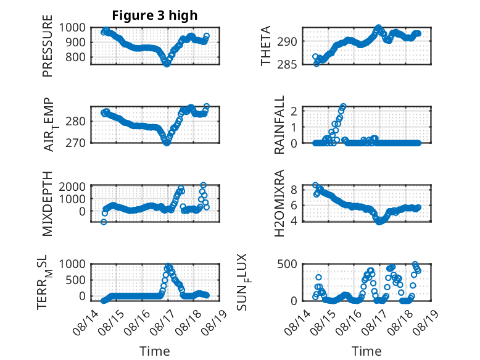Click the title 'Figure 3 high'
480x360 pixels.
pos(155,15)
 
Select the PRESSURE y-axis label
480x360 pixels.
pos(48,46)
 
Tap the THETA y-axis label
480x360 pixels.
pos(266,46)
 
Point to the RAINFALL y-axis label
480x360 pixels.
pos(279,124)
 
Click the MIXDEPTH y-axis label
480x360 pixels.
pos(48,204)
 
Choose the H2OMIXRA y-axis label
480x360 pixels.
pos(279,203)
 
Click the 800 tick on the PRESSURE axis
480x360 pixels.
pos(75,57)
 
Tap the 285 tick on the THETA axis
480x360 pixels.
pos(287,65)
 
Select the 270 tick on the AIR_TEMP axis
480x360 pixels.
pos(75,143)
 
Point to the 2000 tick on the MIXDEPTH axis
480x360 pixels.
pos(72,186)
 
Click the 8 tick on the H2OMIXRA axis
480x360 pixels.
pos(294,190)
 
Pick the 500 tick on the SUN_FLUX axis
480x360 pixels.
pos(287,264)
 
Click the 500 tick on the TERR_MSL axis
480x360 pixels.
pos(75,280)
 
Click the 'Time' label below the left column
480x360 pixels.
pos(155,351)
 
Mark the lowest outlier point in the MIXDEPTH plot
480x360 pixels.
pos(104,222)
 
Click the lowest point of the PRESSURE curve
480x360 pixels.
pos(167,64)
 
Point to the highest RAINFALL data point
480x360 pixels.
pos(343,106)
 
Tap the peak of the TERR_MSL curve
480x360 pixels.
pos(168,266)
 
